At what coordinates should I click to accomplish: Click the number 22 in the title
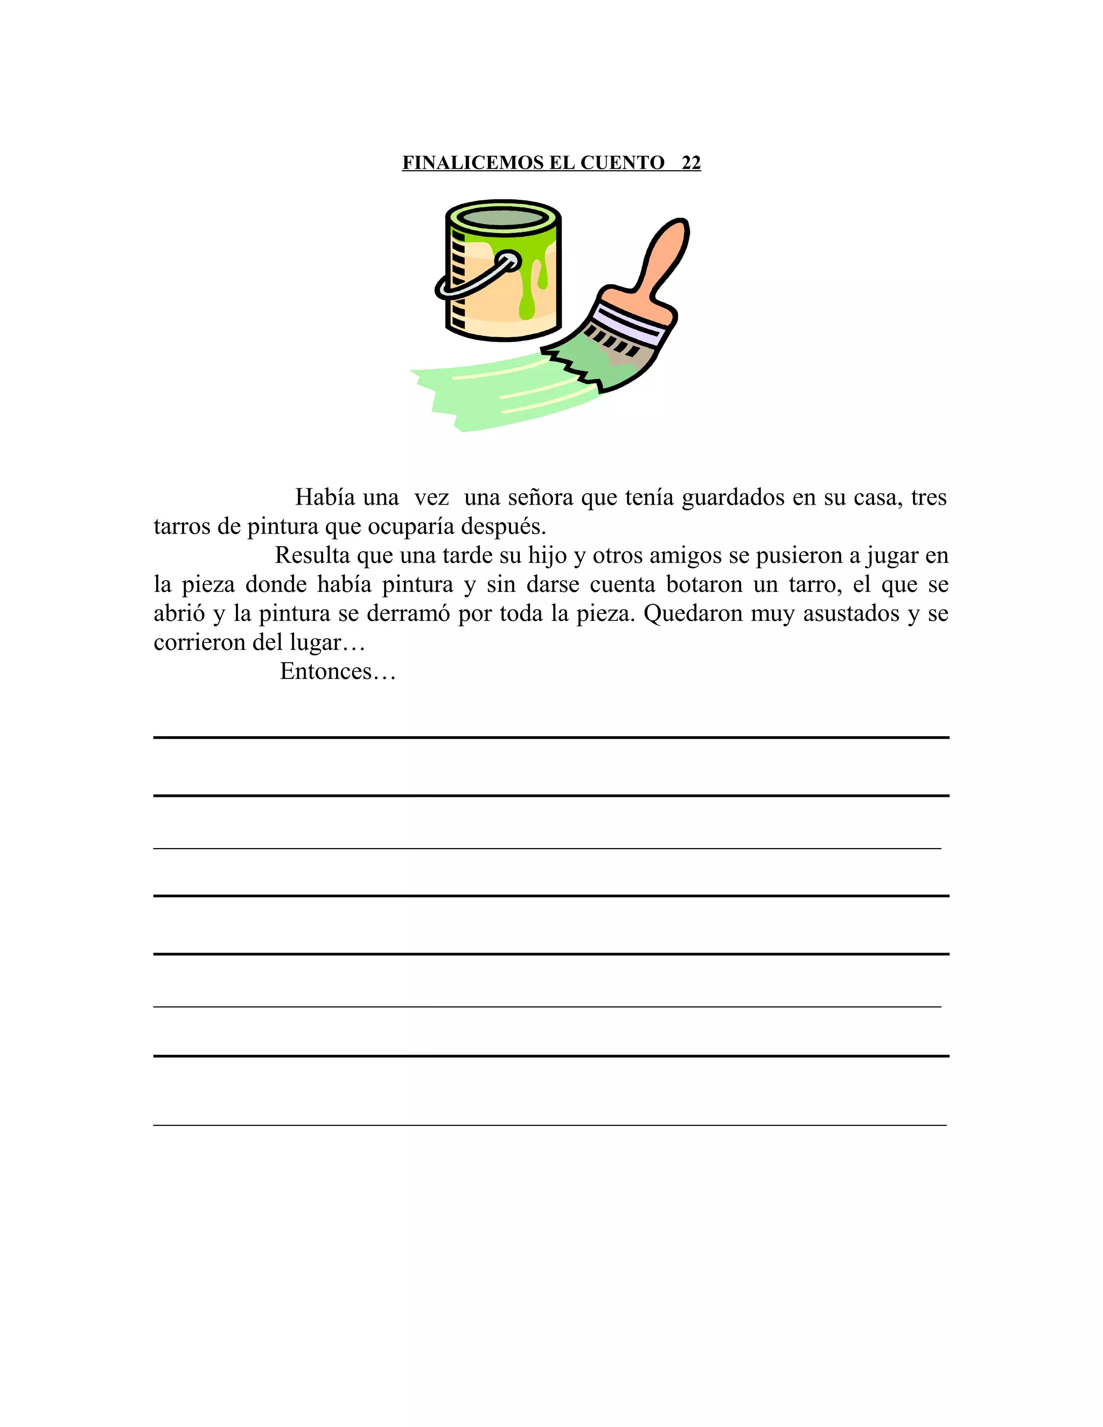690,163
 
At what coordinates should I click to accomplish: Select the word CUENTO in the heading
622,163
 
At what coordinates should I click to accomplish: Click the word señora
541,498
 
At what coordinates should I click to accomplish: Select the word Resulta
312,555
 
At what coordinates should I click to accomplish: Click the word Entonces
326,671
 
